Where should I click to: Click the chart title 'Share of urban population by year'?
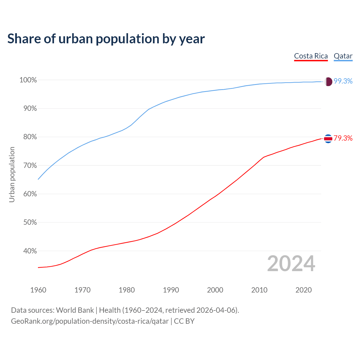[x=106, y=39]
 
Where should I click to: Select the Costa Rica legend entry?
[x=311, y=56]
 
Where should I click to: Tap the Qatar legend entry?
[x=343, y=56]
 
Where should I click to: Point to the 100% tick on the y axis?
[x=28, y=80]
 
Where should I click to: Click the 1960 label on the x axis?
[x=38, y=290]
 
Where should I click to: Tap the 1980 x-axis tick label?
[x=127, y=290]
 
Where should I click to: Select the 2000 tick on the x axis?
[x=215, y=290]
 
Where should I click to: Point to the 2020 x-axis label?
[x=303, y=290]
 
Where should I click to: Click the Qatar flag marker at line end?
[x=328, y=82]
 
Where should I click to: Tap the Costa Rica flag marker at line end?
[x=328, y=139]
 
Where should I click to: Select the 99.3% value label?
[x=343, y=81]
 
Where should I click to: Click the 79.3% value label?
[x=343, y=138]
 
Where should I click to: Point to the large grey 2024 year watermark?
[x=291, y=264]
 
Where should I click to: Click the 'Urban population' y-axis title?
[x=12, y=175]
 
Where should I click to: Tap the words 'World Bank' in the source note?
[x=75, y=310]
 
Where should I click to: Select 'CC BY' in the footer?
[x=184, y=321]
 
